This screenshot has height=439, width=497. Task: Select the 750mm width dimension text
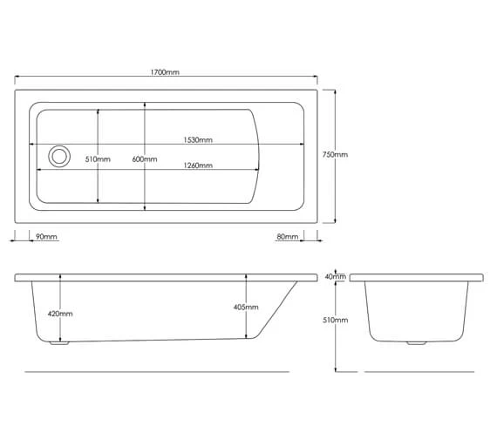point(335,155)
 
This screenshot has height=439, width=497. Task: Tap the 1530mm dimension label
point(198,140)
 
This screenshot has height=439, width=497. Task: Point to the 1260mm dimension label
point(198,165)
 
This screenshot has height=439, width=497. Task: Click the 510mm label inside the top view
point(98,159)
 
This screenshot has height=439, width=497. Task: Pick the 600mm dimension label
point(145,159)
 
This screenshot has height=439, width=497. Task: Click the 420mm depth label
point(60,314)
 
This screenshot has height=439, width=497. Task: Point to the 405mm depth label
point(247,307)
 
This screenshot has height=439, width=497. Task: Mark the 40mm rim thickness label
point(335,277)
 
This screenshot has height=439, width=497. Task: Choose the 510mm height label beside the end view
point(335,321)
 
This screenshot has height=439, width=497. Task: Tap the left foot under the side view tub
point(59,342)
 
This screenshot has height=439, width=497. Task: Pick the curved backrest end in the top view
point(259,157)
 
